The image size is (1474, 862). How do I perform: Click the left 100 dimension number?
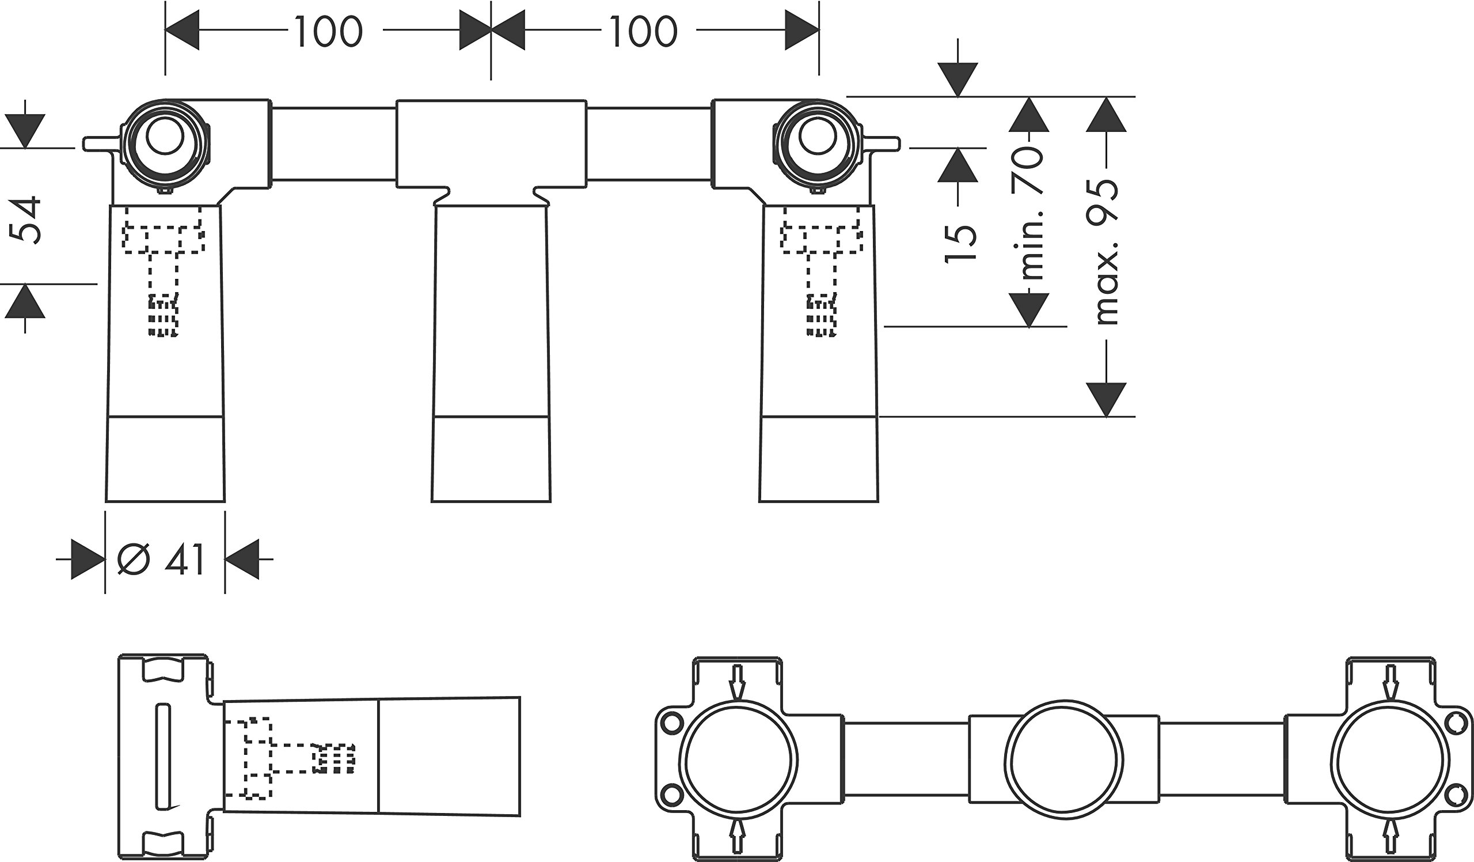328,32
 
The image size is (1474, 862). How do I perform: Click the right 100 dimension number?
643,32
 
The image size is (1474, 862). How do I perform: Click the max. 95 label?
1105,252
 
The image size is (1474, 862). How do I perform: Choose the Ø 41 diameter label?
160,560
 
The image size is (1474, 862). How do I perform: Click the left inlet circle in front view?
165,137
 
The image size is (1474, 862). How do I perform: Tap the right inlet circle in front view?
818,137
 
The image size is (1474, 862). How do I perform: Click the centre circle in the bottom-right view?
1064,759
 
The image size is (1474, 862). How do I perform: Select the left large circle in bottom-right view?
738,759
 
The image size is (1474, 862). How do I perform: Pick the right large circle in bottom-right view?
1390,759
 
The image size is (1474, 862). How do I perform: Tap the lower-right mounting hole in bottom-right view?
1454,795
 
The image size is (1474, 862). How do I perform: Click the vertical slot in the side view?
163,758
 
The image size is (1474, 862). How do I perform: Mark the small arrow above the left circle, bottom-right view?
737,682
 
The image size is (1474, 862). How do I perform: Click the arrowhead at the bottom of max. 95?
1106,400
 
